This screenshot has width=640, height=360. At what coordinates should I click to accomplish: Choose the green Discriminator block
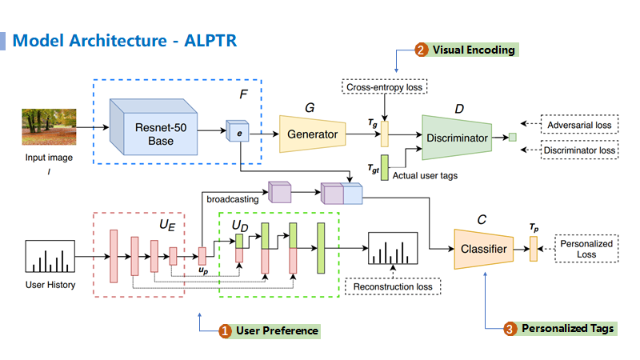click(x=457, y=138)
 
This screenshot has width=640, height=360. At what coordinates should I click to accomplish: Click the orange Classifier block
click(x=483, y=249)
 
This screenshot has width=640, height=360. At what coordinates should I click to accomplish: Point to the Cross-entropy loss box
click(x=385, y=86)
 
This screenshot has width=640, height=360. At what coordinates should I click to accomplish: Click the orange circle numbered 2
click(x=422, y=50)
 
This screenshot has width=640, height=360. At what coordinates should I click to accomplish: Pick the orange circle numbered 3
click(x=510, y=328)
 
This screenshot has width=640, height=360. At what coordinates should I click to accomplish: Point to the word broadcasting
click(x=232, y=198)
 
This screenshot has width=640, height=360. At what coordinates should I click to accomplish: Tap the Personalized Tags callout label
click(x=567, y=328)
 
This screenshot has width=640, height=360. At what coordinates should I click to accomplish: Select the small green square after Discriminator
click(x=513, y=138)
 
